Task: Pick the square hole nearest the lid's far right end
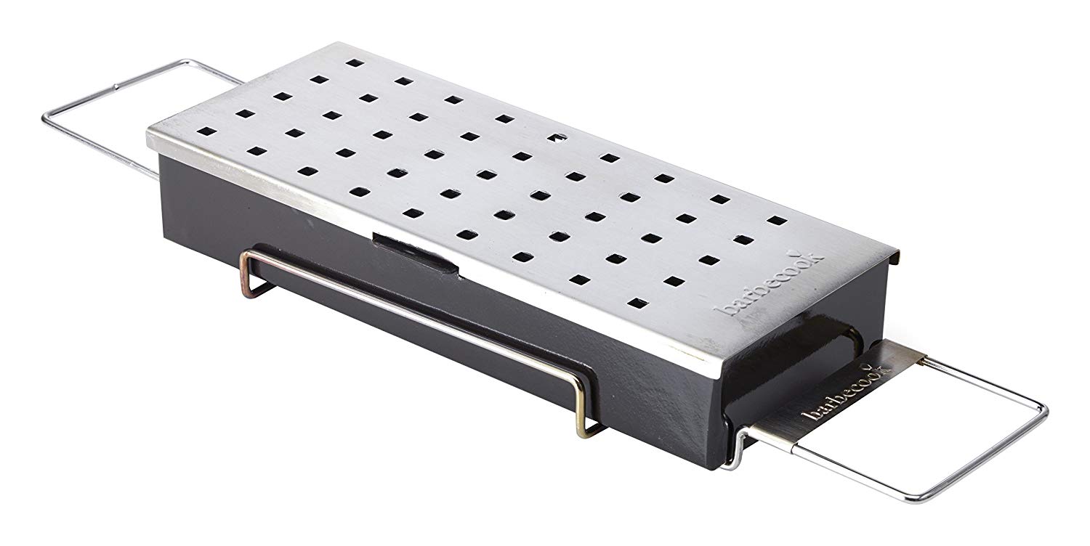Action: pos(778,220)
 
